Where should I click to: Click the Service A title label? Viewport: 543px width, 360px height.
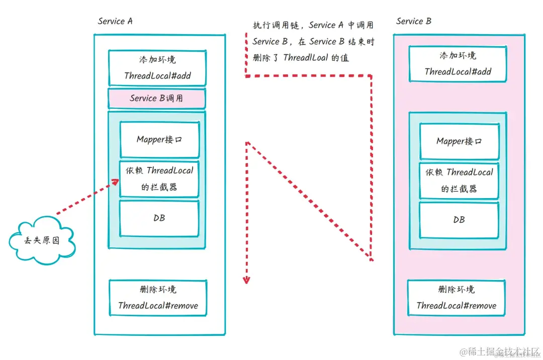pyautogui.click(x=115, y=21)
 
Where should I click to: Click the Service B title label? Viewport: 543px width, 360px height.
pyautogui.click(x=413, y=21)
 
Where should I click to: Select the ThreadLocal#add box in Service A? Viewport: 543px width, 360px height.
pyautogui.click(x=157, y=68)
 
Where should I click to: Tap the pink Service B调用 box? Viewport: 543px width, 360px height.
pyautogui.click(x=156, y=99)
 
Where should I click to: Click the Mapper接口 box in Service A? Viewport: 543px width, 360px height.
pyautogui.click(x=159, y=139)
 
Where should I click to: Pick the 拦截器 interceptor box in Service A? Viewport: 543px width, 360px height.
pyautogui.click(x=159, y=178)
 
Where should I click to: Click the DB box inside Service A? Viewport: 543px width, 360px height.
pyautogui.click(x=159, y=218)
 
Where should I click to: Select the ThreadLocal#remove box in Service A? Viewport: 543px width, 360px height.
pyautogui.click(x=158, y=298)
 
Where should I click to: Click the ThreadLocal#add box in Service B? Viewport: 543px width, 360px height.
pyautogui.click(x=458, y=64)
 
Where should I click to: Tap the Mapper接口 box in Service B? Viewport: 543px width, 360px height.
pyautogui.click(x=459, y=141)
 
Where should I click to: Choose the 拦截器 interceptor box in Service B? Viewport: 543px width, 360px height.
pyautogui.click(x=459, y=181)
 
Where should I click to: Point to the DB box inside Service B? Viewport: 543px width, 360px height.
pyautogui.click(x=459, y=220)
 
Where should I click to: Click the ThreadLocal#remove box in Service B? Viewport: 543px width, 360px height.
pyautogui.click(x=456, y=298)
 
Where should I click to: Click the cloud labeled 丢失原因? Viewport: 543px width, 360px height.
pyautogui.click(x=42, y=240)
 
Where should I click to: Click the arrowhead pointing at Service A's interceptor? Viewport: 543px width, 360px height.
pyautogui.click(x=115, y=182)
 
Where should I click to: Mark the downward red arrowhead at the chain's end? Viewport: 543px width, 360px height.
pyautogui.click(x=246, y=280)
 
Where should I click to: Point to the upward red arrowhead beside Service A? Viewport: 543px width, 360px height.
pyautogui.click(x=247, y=145)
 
